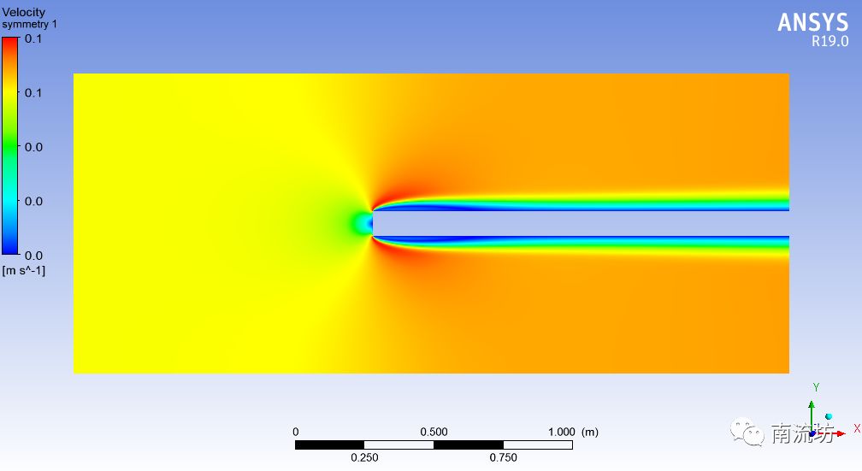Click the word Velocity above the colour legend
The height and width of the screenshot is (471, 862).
(24, 12)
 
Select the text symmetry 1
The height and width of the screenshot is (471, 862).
(29, 24)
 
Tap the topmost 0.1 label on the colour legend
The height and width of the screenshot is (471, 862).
(33, 38)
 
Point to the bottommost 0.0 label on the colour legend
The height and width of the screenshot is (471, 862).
(33, 256)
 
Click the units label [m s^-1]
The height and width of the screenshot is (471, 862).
(24, 270)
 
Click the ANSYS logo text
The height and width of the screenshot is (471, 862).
(813, 22)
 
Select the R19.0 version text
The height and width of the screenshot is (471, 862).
(830, 41)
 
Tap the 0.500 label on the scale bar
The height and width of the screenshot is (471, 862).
(434, 432)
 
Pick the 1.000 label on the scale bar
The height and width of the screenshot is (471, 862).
(561, 432)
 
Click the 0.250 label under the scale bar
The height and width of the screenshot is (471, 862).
(364, 457)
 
